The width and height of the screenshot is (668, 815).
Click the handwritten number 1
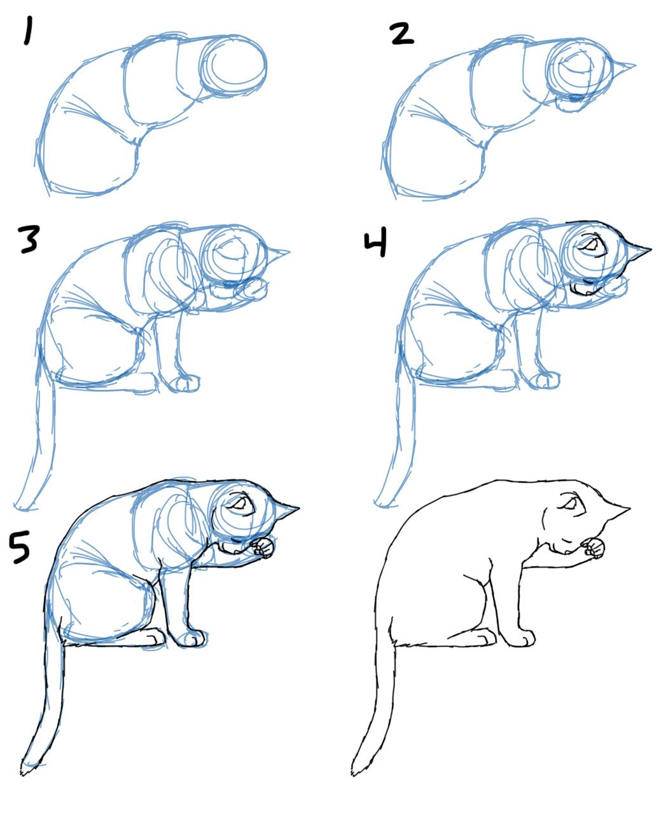[27, 32]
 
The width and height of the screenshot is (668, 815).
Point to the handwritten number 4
[376, 244]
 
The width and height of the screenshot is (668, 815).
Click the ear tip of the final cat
[629, 509]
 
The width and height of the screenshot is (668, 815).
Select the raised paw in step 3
[251, 289]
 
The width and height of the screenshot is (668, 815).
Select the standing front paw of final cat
[523, 638]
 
